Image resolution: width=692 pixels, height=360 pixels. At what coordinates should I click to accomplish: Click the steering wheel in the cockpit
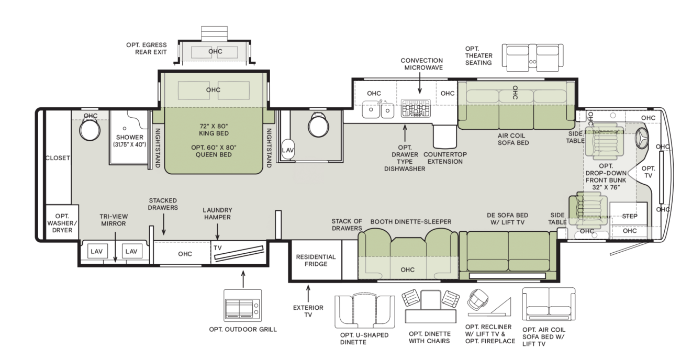point(642,138)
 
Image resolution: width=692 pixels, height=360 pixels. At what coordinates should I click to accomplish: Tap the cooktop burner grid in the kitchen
point(416,108)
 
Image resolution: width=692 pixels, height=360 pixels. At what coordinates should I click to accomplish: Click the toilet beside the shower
point(90,130)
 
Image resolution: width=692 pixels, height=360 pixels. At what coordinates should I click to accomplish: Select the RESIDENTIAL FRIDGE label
point(316,260)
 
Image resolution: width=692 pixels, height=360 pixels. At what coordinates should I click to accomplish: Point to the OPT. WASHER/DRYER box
point(62,222)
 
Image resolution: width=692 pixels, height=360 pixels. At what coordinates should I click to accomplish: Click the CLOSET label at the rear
point(58,158)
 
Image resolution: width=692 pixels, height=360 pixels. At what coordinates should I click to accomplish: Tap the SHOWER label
point(129,137)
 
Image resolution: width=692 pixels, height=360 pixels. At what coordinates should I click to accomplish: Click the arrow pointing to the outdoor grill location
point(243,279)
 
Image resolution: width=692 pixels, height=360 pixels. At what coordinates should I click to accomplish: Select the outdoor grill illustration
point(243,306)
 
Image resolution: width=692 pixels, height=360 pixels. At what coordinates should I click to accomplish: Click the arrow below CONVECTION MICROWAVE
point(419,83)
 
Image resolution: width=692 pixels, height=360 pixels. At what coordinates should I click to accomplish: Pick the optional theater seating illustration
point(532,58)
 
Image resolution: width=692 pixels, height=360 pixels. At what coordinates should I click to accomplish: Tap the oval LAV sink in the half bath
point(288,150)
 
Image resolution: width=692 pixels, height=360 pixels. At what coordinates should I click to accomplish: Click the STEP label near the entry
point(629,216)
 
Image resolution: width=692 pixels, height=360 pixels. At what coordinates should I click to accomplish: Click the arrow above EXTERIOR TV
point(308,294)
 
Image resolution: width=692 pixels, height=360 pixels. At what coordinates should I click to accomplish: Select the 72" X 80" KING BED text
point(214,130)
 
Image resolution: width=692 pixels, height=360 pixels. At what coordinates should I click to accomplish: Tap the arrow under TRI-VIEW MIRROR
point(115,247)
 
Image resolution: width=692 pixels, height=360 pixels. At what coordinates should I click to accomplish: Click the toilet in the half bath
point(318,124)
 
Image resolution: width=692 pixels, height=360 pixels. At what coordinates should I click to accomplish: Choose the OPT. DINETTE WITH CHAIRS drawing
point(430,306)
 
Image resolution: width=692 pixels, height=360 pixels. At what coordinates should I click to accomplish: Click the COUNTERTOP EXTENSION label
point(445,158)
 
